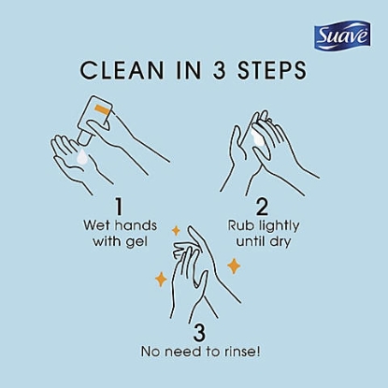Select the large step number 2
click(263, 204)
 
